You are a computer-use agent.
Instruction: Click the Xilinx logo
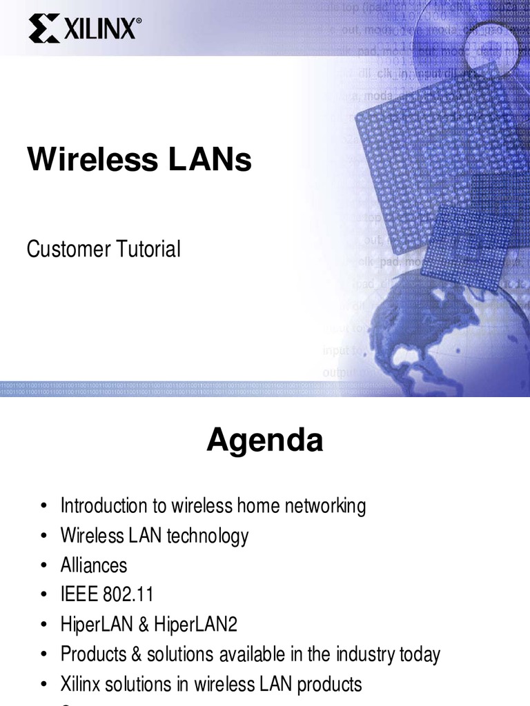click(x=86, y=29)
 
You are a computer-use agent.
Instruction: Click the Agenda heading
click(x=264, y=439)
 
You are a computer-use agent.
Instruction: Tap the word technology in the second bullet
click(x=210, y=536)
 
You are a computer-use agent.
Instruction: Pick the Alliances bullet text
click(x=94, y=565)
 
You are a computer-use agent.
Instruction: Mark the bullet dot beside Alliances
click(x=43, y=566)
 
